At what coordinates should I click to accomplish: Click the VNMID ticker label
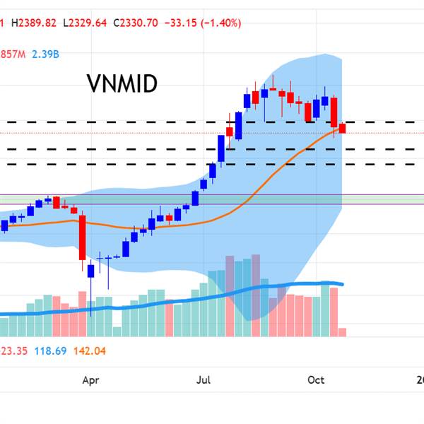(x=122, y=83)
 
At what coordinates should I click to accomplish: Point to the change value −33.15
(x=182, y=23)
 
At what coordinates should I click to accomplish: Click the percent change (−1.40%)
(x=225, y=23)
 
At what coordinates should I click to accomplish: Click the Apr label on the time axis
(x=90, y=380)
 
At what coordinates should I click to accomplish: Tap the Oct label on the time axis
(x=316, y=380)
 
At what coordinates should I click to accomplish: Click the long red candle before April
(x=83, y=237)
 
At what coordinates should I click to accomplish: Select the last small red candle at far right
(x=343, y=129)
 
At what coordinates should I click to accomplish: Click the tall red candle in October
(x=334, y=113)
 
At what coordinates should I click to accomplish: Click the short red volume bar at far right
(x=343, y=331)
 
